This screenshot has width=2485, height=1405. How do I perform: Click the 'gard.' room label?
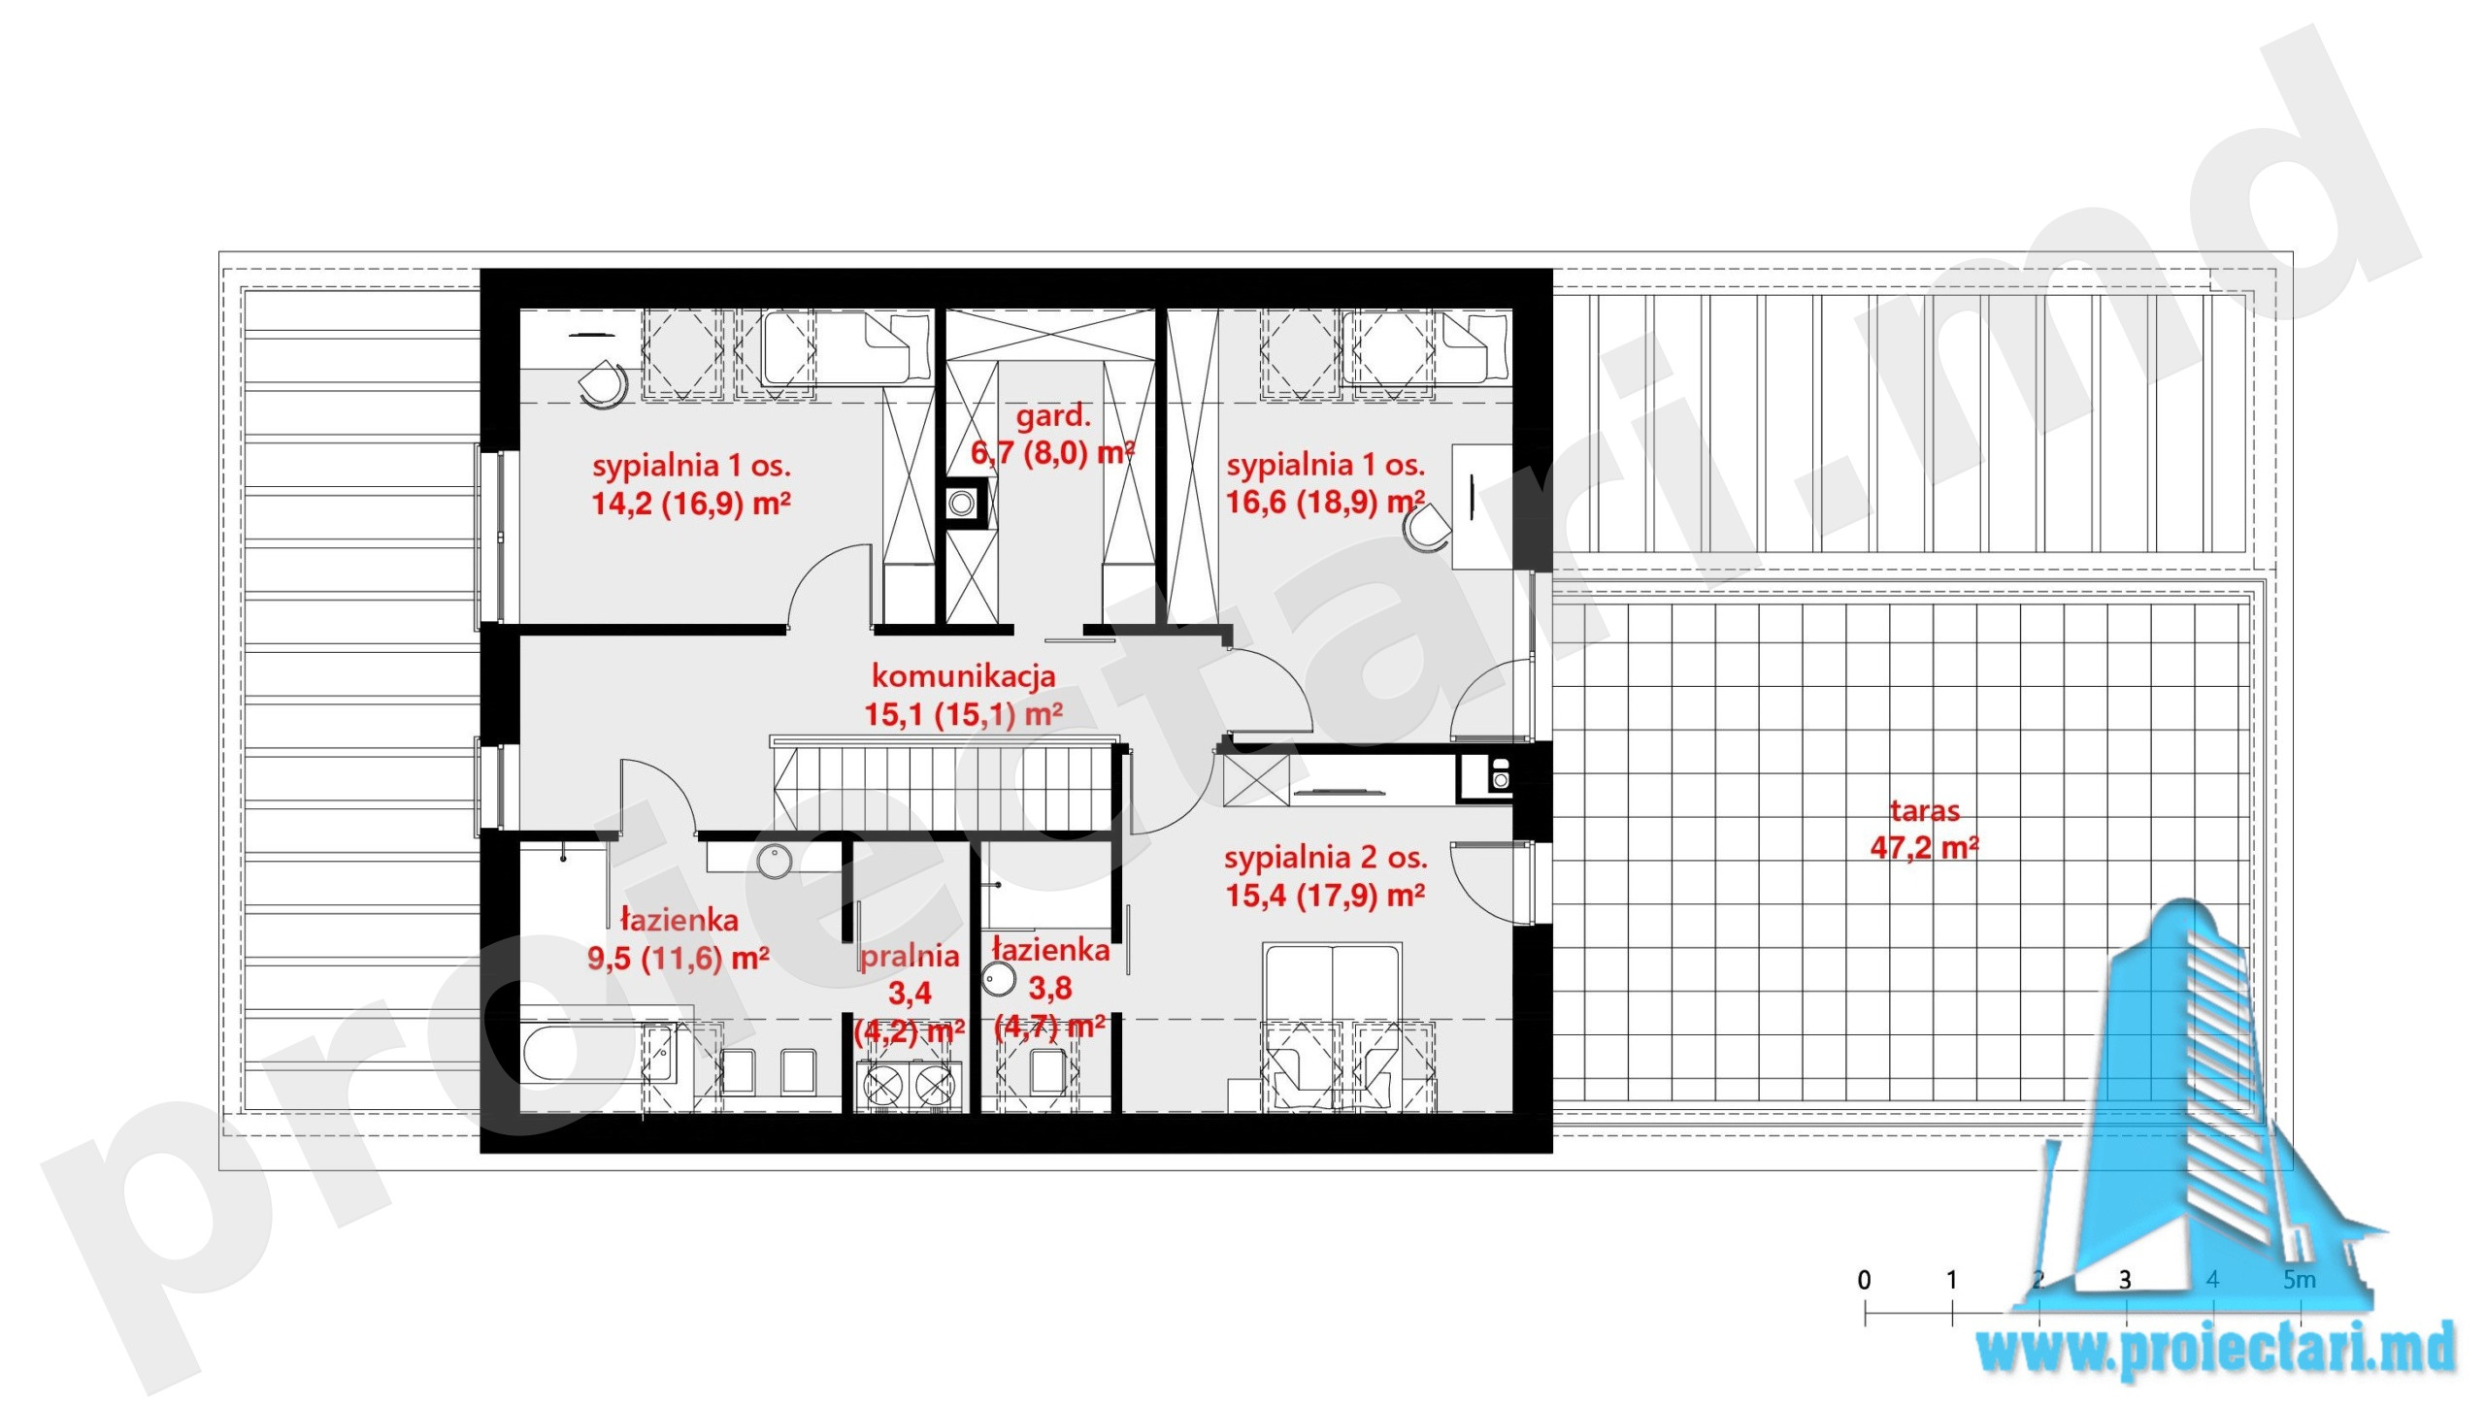click(1053, 417)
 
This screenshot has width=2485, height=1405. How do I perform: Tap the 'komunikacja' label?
click(963, 675)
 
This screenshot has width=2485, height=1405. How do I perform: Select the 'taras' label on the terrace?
click(1924, 810)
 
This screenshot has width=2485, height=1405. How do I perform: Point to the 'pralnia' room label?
click(910, 957)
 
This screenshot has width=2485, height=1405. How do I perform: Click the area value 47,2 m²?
click(1924, 848)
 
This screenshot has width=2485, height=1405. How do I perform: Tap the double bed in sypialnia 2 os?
click(1332, 1026)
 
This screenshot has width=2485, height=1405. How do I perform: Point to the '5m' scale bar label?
click(2300, 1280)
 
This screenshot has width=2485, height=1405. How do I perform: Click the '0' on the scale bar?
click(1864, 1280)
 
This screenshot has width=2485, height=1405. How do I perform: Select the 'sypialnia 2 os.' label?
click(1325, 858)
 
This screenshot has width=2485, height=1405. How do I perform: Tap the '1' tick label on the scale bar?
click(1951, 1280)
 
